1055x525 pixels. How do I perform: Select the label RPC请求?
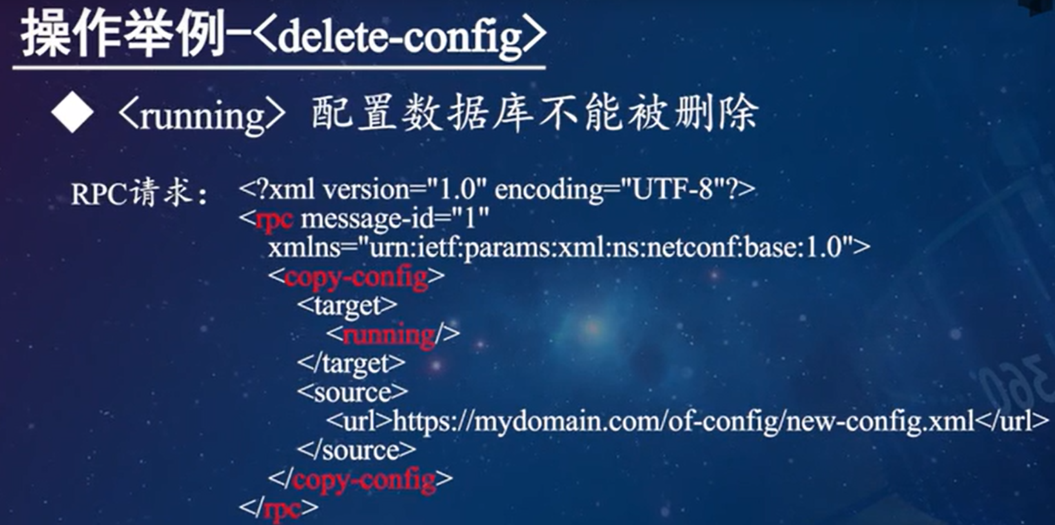coord(137,195)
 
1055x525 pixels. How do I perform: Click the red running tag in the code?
coord(388,335)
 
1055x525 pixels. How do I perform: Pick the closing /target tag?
coord(351,363)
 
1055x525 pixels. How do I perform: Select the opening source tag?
coord(353,392)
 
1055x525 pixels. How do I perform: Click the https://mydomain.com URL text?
coord(683,420)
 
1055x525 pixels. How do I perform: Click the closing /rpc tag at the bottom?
coord(279,508)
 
